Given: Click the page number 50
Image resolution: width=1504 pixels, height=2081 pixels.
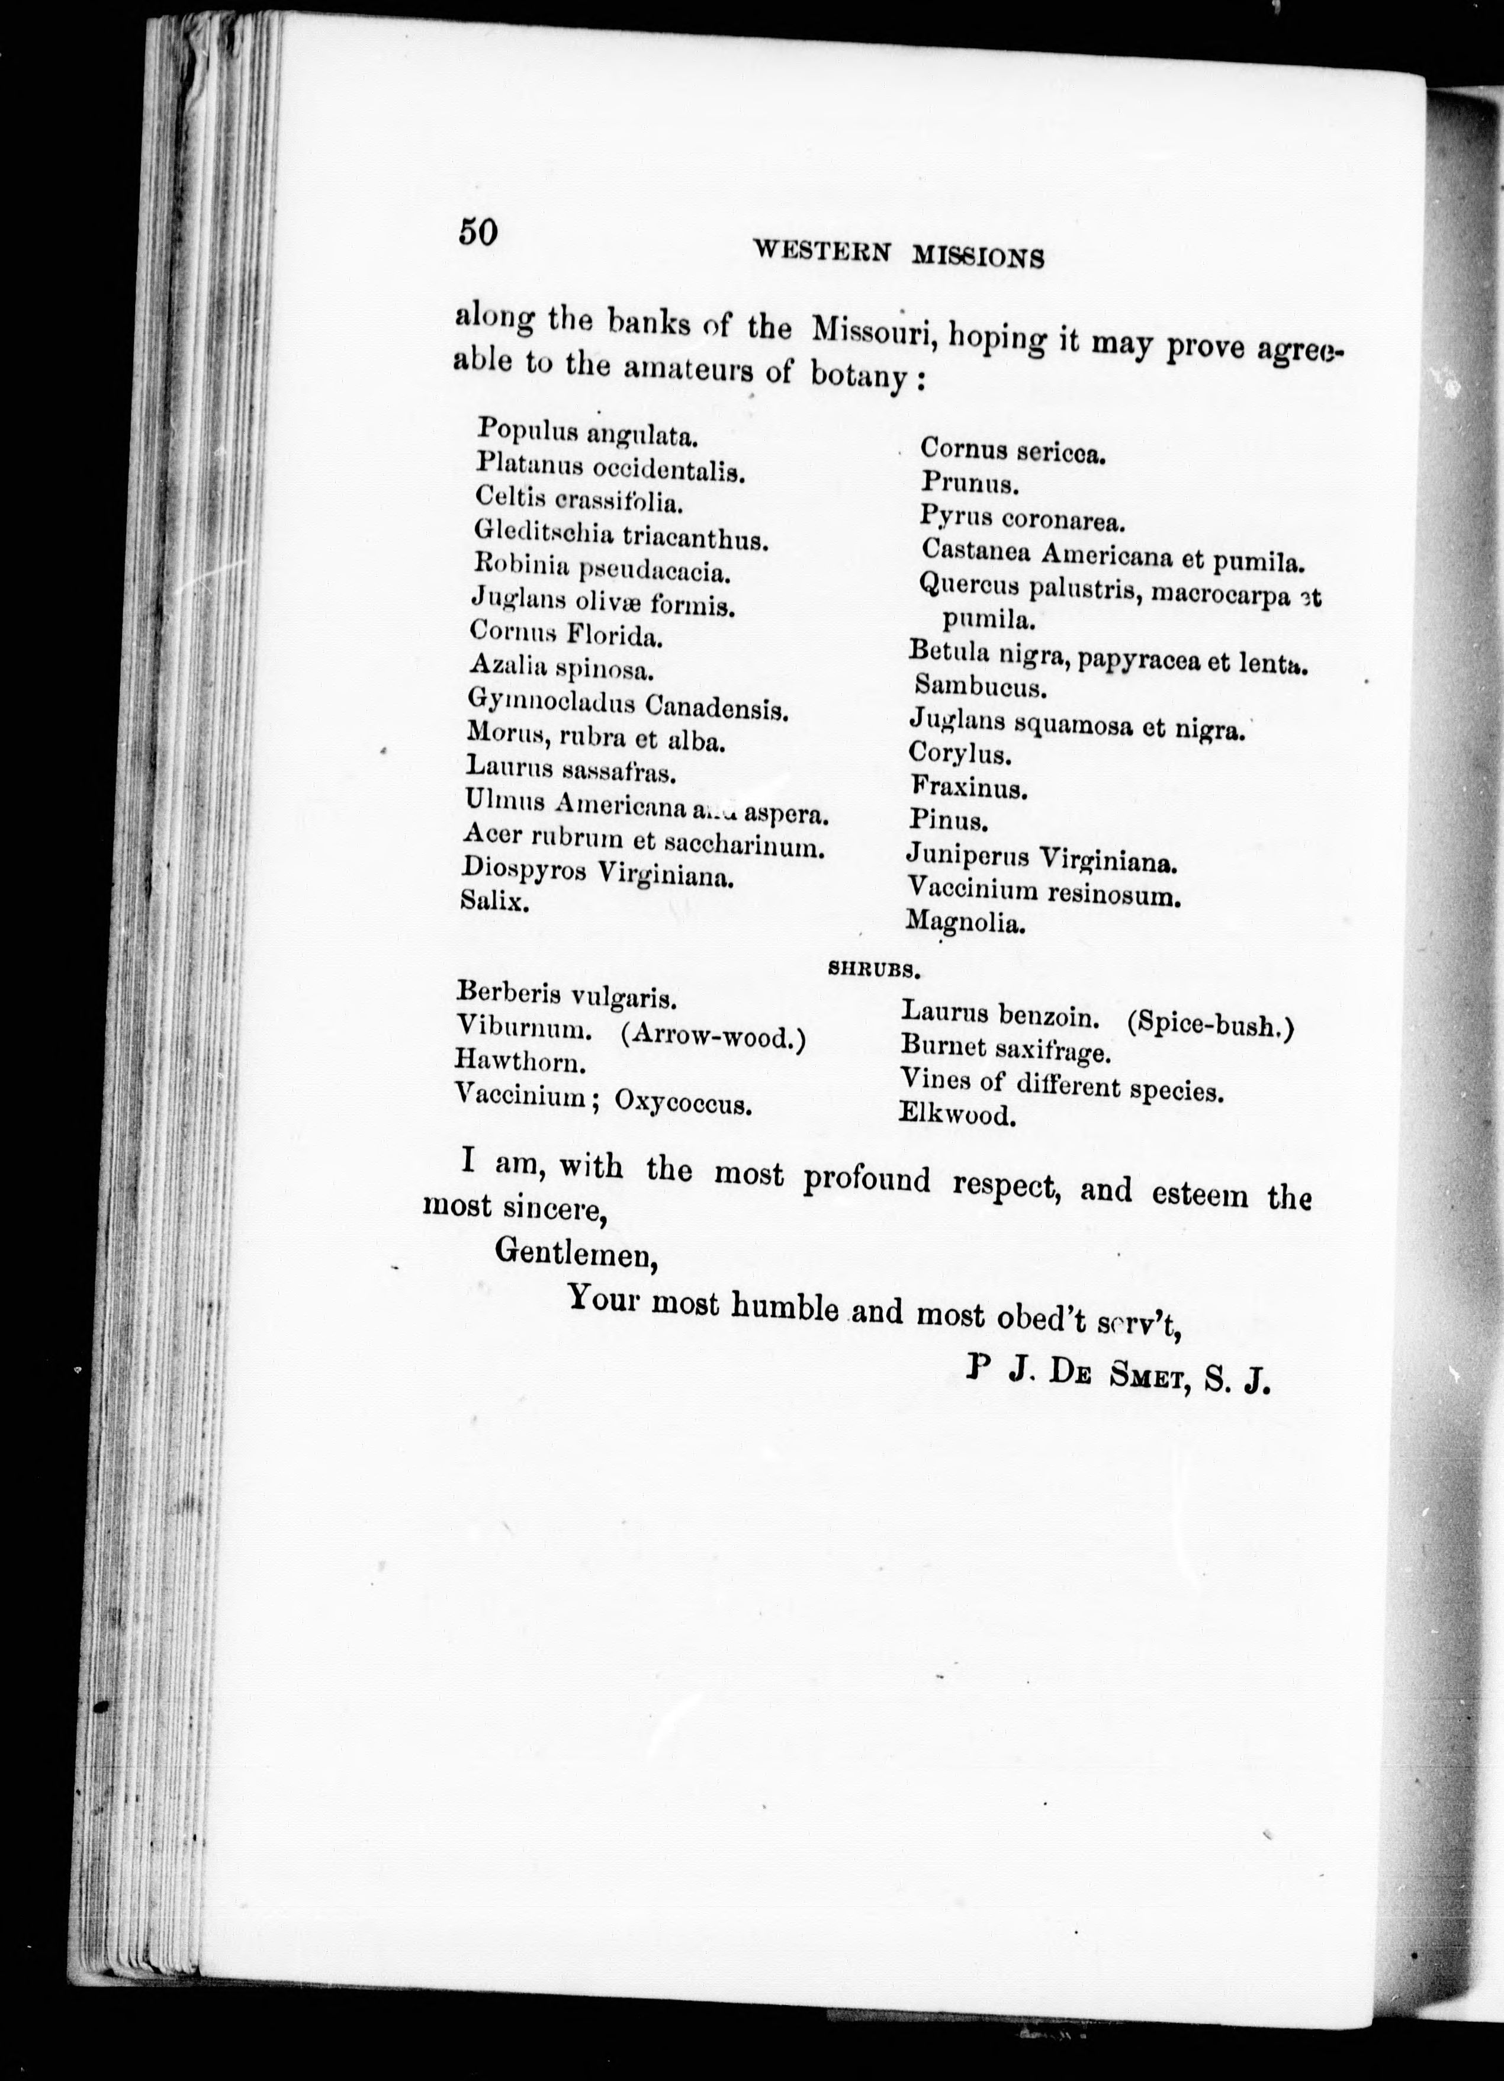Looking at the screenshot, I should tap(477, 231).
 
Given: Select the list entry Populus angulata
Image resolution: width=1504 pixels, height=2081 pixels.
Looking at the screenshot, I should tap(587, 431).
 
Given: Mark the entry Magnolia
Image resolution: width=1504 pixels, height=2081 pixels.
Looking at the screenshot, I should tap(965, 921).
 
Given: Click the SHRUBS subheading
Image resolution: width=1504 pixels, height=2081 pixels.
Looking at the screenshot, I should tap(873, 967).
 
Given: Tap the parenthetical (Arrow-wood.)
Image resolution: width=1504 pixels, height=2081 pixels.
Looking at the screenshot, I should tap(713, 1037).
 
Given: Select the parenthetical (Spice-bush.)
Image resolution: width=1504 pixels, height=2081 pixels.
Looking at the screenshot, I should tap(1210, 1026).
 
